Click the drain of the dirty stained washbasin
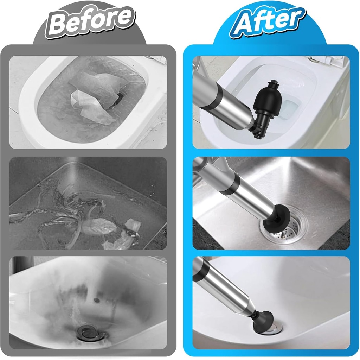coord(85,331)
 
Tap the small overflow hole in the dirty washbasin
coord(96,300)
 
